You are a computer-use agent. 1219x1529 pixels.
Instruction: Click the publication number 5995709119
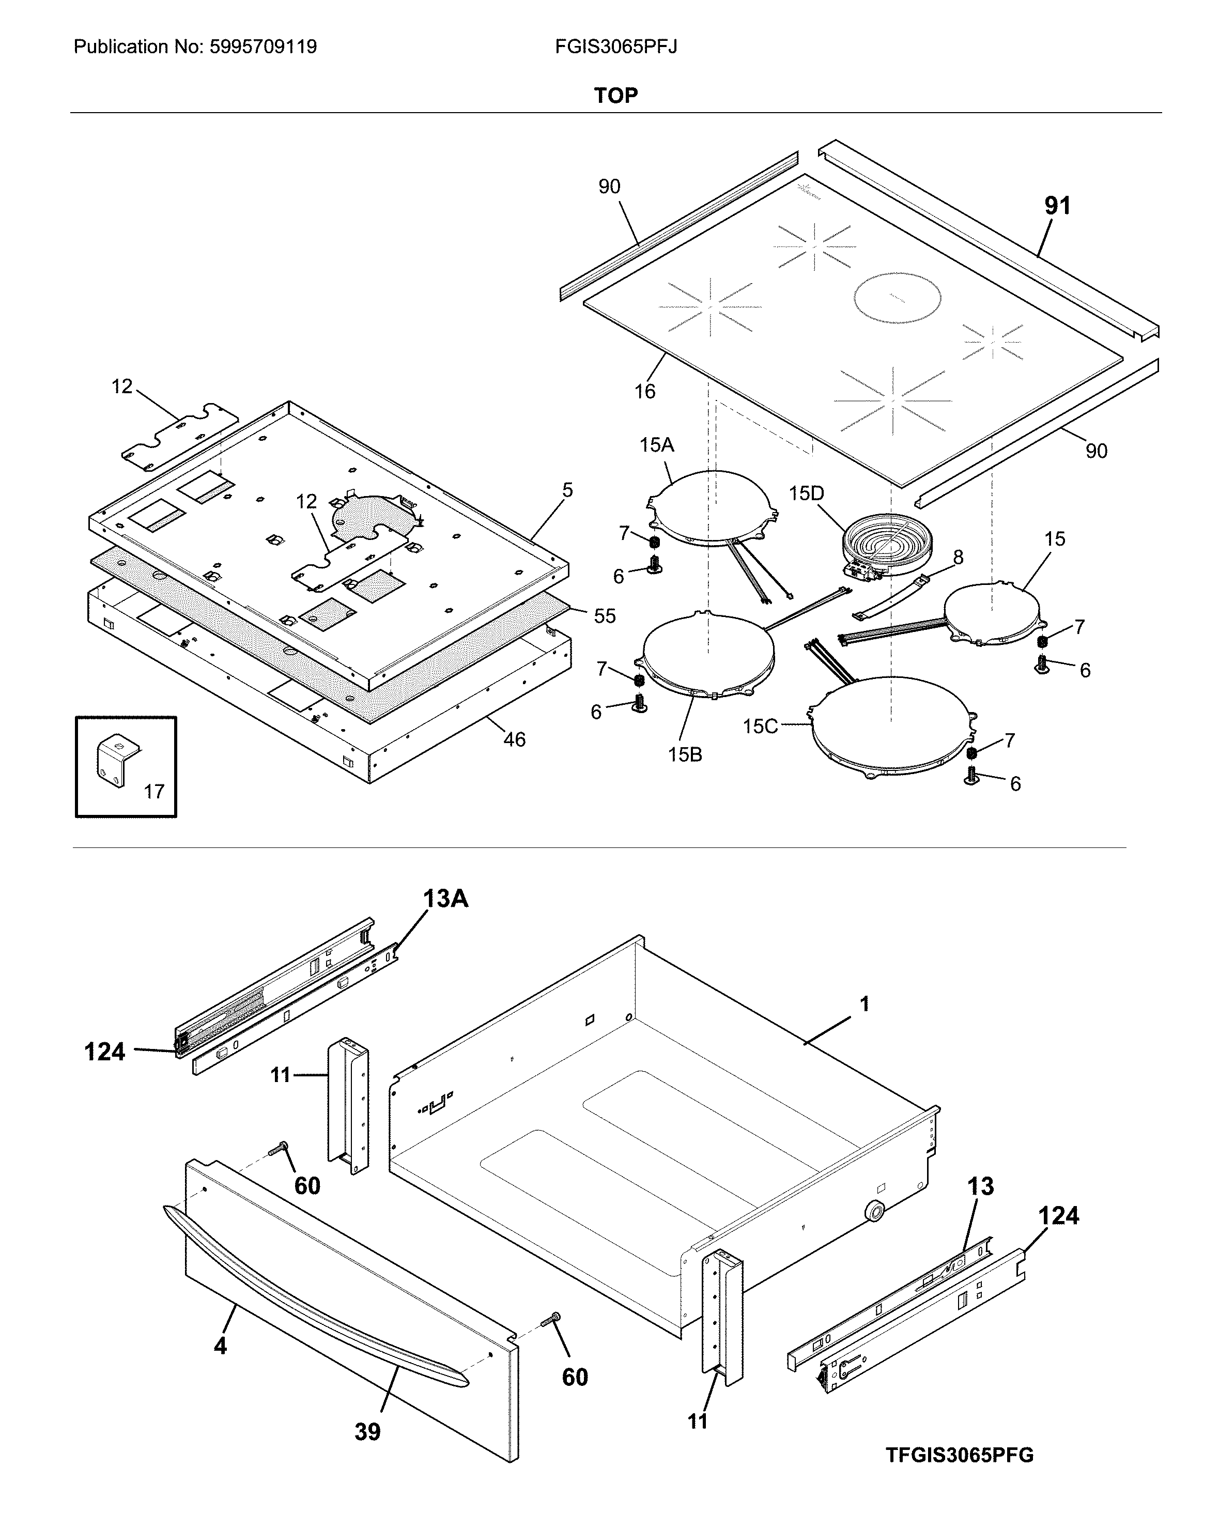263,47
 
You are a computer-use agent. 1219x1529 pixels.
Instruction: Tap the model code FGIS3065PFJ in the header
615,47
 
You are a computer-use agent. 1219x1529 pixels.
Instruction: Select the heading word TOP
615,95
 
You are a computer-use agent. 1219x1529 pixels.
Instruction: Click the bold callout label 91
1057,206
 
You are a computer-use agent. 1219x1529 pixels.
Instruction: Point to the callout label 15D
806,493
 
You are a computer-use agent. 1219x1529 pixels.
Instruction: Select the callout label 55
604,615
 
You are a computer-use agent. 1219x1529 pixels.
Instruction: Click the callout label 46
514,739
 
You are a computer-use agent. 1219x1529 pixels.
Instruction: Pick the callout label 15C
760,726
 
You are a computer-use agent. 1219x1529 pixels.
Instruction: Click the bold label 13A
445,899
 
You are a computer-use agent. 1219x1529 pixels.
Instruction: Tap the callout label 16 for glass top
644,391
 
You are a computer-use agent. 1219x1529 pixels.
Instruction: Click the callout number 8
958,558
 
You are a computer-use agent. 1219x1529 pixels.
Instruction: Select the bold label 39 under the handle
367,1432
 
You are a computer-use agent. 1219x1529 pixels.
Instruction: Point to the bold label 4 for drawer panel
221,1346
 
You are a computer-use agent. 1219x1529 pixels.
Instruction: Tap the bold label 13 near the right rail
981,1186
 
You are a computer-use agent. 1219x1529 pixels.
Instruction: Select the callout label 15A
657,445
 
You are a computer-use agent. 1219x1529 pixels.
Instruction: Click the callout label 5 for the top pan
567,490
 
